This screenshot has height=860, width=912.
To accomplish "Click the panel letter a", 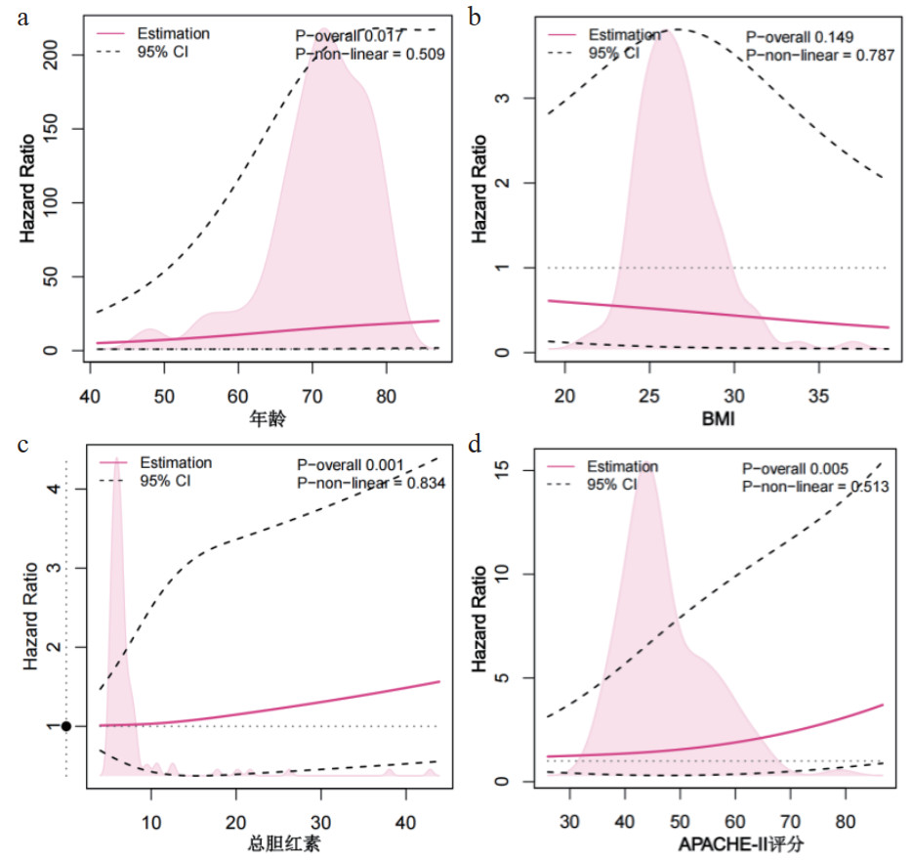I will (x=25, y=17).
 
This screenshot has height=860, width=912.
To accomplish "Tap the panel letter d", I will (x=476, y=445).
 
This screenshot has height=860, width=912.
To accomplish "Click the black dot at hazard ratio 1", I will (x=65, y=726).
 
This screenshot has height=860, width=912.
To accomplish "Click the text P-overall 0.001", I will (x=352, y=463).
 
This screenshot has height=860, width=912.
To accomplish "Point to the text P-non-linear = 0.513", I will (x=815, y=486).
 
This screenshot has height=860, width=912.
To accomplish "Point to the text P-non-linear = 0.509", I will (x=370, y=56).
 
